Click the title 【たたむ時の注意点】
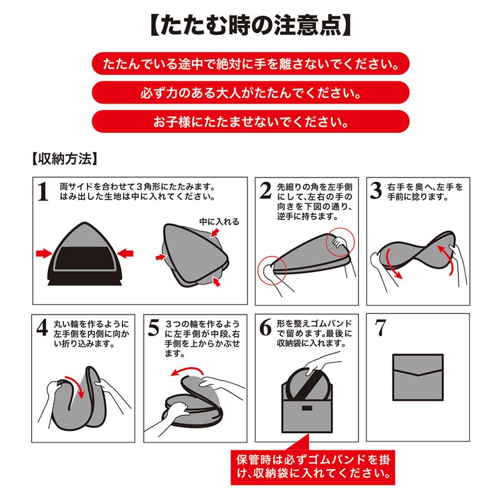point(251,26)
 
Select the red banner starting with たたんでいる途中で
point(251,64)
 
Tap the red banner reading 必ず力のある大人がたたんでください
point(251,92)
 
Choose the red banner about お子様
point(251,122)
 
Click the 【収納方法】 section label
point(64,158)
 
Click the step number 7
point(381,327)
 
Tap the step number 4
point(42,327)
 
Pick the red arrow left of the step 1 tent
point(44,254)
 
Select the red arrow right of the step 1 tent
point(126,254)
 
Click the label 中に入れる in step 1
point(219,222)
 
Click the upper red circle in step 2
point(340,242)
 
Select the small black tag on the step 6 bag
point(307,408)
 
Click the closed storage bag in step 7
point(418,377)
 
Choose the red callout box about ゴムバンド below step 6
point(313,467)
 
